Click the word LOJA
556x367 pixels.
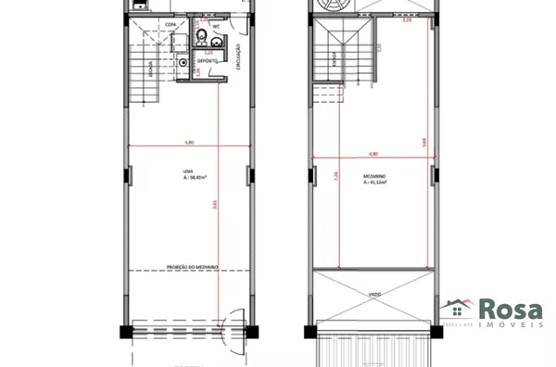[189, 170]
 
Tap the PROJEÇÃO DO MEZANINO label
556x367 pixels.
[192, 267]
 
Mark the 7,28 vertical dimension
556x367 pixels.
[339, 176]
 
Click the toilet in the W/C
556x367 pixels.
[202, 37]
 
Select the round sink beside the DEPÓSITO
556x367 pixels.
[183, 63]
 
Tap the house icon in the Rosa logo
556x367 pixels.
[457, 310]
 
